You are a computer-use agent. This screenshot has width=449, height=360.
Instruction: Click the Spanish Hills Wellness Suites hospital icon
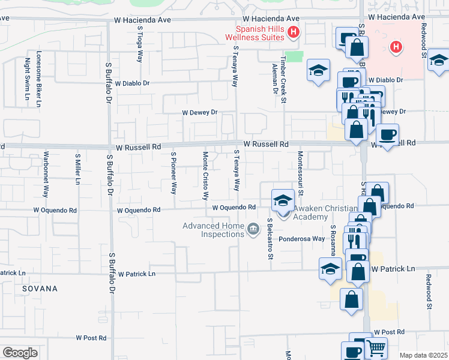click(x=294, y=32)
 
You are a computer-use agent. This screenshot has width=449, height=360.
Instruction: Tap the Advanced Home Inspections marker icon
click(x=253, y=228)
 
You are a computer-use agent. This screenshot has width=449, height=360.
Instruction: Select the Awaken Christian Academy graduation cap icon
click(x=283, y=200)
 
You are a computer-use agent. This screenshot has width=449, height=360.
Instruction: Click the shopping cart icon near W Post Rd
click(x=376, y=347)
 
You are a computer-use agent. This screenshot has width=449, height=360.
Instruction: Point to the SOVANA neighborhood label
click(x=40, y=289)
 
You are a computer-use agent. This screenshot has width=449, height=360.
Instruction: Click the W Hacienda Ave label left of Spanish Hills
click(x=143, y=20)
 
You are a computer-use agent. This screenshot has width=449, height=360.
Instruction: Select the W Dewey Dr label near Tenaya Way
click(x=200, y=112)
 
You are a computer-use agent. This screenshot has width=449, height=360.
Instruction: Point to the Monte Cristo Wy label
click(x=205, y=175)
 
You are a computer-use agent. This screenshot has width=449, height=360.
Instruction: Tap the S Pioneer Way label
click(x=173, y=173)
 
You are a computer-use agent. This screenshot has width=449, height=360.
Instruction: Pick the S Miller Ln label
click(x=77, y=170)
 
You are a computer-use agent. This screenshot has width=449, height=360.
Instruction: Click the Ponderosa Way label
click(x=301, y=238)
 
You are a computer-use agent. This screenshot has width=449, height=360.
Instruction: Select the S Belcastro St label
click(x=271, y=239)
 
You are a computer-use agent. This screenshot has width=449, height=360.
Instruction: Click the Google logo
click(x=20, y=353)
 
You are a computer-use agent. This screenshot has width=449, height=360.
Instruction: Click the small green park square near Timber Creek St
click(x=293, y=56)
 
